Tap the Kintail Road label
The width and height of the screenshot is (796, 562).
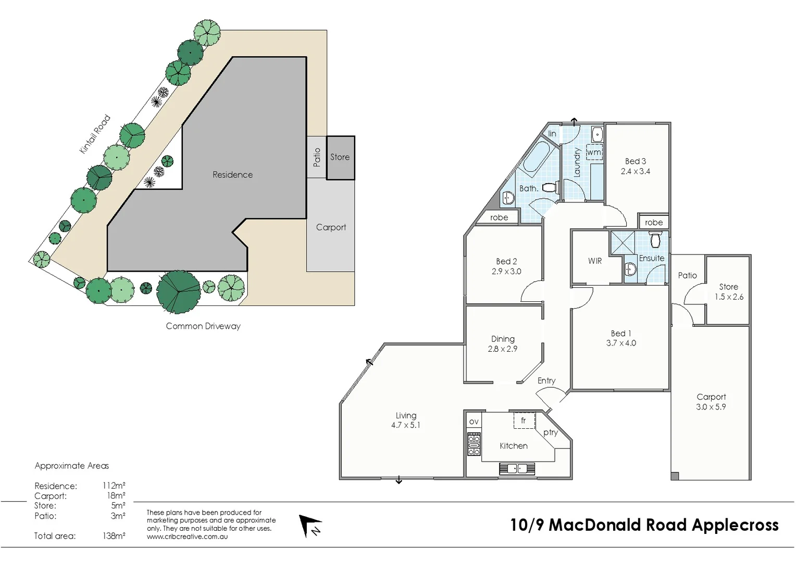point(94,134)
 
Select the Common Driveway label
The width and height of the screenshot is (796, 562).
point(203,326)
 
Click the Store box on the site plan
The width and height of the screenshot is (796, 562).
point(340,157)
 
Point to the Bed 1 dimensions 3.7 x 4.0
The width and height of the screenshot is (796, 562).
point(621,343)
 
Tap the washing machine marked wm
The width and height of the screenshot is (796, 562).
point(594,152)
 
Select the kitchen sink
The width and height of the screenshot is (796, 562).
point(517,469)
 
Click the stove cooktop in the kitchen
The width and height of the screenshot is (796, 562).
point(474,444)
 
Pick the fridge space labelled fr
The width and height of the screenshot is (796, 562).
point(524,420)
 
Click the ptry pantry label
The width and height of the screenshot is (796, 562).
point(551,432)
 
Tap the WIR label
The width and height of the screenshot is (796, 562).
point(595,261)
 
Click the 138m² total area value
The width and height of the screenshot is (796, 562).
point(114,536)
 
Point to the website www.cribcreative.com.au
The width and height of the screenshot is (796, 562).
point(187,537)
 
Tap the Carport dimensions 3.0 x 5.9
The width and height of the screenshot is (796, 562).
point(711,407)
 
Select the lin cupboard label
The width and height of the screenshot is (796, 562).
point(552,134)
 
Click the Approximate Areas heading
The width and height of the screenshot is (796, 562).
point(72,466)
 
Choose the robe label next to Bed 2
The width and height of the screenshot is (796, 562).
point(499,218)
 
